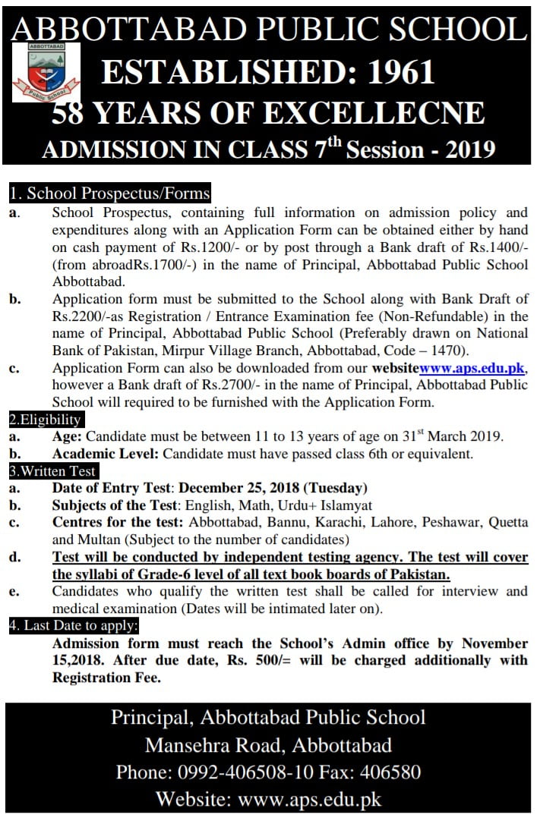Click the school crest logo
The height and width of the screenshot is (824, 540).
pyautogui.click(x=46, y=72)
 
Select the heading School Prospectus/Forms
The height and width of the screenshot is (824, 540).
pyautogui.click(x=109, y=194)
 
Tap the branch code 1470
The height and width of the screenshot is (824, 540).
pyautogui.click(x=453, y=350)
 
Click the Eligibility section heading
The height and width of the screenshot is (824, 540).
pyautogui.click(x=45, y=420)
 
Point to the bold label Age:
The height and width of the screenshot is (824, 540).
pyautogui.click(x=68, y=437)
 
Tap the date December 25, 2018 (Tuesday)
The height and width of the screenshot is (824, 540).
pyautogui.click(x=273, y=489)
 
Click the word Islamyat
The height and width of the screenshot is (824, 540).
pyautogui.click(x=348, y=506)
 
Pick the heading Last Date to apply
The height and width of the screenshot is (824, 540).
pyautogui.click(x=74, y=627)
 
